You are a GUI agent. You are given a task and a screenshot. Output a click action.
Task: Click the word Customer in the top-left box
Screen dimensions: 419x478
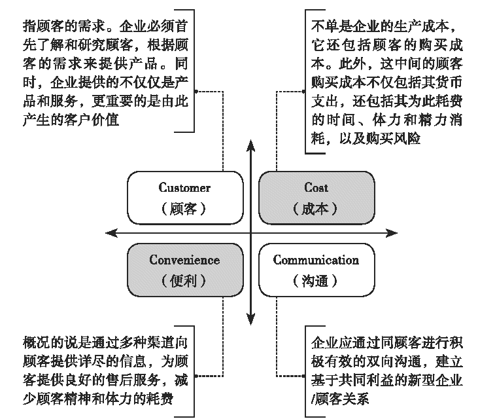pyautogui.click(x=184, y=188)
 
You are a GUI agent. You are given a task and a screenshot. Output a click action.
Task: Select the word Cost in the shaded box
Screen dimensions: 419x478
pyautogui.click(x=316, y=188)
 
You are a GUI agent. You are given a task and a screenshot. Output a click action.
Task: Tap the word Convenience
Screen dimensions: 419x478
pyautogui.click(x=184, y=260)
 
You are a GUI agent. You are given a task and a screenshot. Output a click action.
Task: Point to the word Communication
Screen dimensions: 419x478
pyautogui.click(x=316, y=260)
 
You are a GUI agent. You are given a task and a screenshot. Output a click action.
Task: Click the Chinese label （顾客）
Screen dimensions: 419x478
pyautogui.click(x=184, y=209)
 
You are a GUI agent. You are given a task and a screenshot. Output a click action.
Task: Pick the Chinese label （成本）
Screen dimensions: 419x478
pyautogui.click(x=316, y=209)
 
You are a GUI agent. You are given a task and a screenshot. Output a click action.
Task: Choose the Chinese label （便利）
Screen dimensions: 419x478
pyautogui.click(x=184, y=282)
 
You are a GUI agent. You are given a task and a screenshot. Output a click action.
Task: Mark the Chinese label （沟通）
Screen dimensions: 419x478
pyautogui.click(x=316, y=282)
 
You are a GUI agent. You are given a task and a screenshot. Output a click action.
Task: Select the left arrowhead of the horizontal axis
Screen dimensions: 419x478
pyautogui.click(x=110, y=232)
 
